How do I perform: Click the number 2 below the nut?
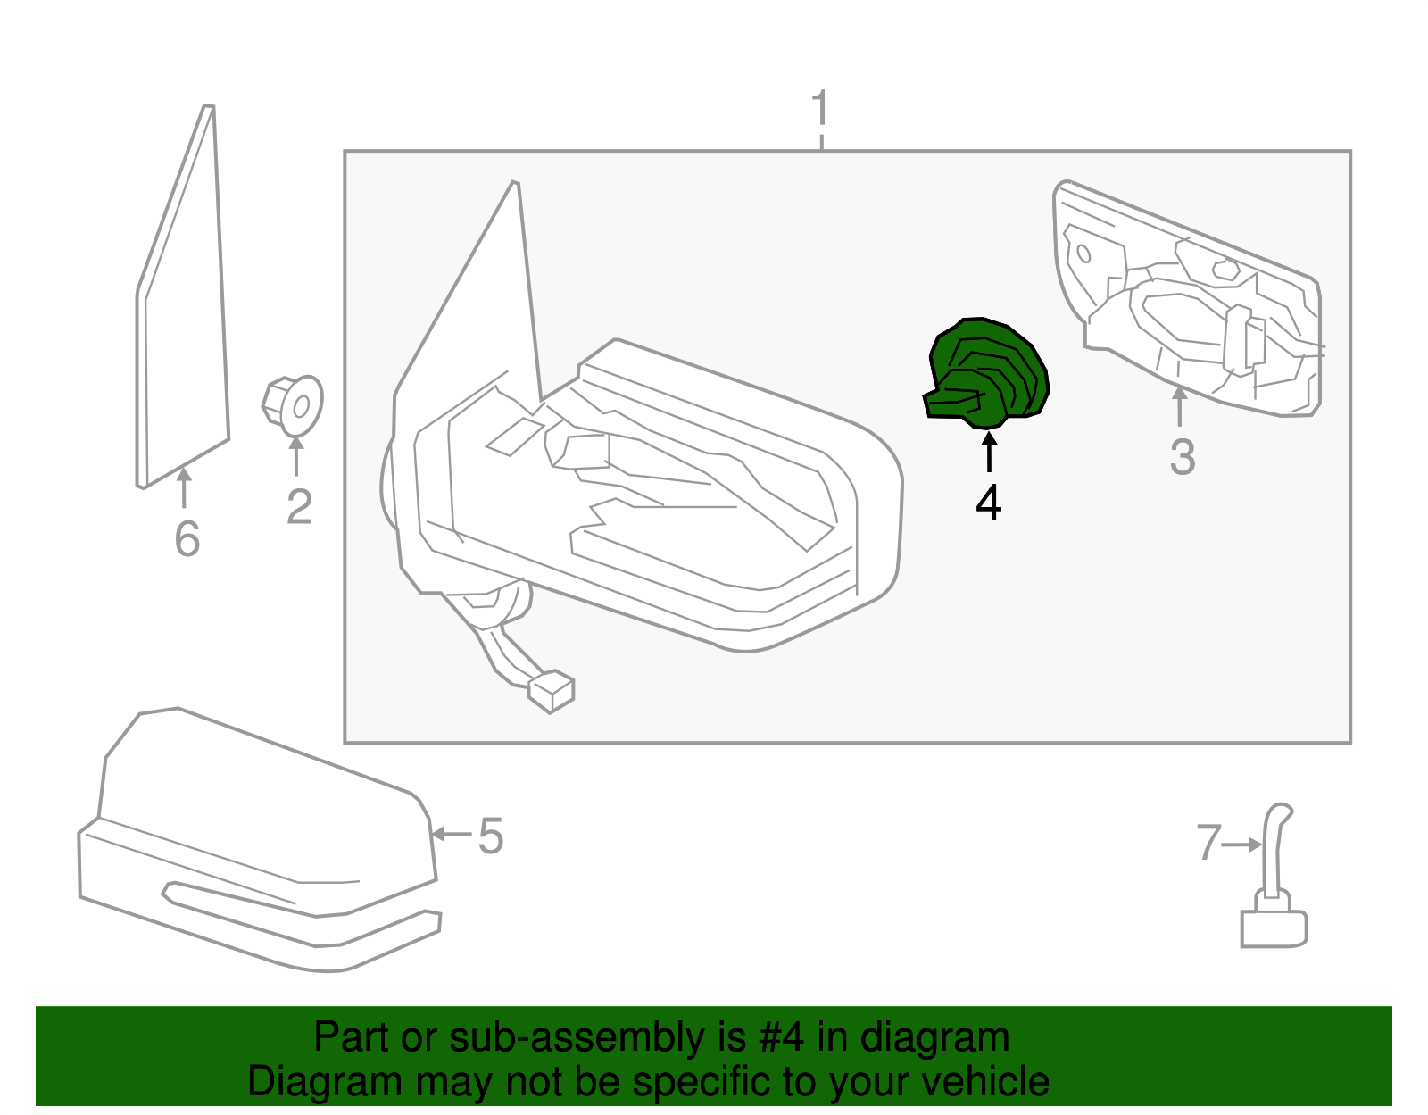299,506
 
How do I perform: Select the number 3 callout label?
1182,457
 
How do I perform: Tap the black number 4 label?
988,503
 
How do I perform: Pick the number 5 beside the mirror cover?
491,836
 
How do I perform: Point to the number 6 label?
187,538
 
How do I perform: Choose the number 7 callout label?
1208,843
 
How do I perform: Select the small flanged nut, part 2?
294,406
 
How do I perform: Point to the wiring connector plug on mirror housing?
552,692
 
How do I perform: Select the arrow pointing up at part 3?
1180,406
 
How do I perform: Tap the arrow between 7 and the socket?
1241,844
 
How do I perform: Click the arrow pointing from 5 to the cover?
451,835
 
